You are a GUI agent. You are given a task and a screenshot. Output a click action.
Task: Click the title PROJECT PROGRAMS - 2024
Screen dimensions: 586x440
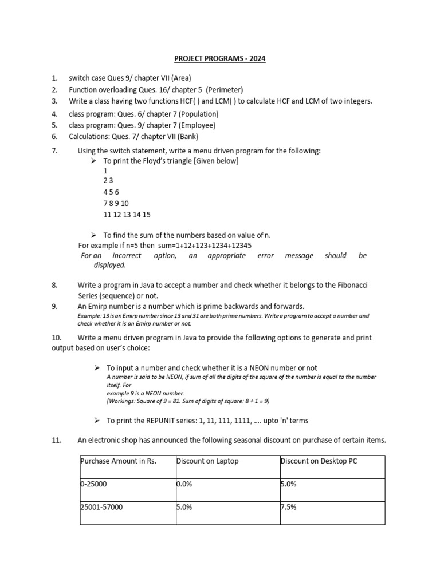coord(220,59)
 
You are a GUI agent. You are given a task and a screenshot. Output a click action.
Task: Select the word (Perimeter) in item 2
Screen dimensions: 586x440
coord(225,90)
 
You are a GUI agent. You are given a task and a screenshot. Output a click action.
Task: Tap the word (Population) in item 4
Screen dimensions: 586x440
coord(198,114)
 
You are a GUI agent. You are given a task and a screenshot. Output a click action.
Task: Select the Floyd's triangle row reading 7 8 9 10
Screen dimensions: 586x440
coord(116,204)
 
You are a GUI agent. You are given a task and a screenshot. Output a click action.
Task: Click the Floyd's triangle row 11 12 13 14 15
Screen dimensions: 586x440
coord(127,215)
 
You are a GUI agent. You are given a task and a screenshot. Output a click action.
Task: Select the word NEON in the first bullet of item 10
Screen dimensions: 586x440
coord(257,368)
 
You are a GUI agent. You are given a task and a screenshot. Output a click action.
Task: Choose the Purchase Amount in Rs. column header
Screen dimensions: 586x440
coord(119,461)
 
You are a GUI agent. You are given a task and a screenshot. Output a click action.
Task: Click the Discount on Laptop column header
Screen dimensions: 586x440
coord(207,461)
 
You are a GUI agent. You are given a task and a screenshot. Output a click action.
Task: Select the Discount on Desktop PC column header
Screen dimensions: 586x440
coord(319,461)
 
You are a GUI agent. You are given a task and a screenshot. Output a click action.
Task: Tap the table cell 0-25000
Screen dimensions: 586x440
coord(94,484)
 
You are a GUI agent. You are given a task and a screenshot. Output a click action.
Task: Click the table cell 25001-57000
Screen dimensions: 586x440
coord(101,507)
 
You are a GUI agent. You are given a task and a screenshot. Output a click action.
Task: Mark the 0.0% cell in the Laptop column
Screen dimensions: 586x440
coord(184,484)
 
